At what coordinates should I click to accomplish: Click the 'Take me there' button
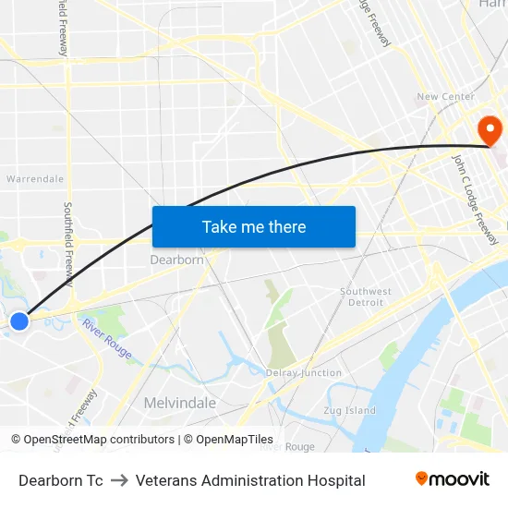(x=254, y=226)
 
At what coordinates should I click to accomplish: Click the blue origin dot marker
(x=19, y=321)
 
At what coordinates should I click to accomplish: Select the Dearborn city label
(x=176, y=260)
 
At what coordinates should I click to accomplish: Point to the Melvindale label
(x=179, y=403)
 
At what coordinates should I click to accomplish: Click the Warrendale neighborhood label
(x=35, y=178)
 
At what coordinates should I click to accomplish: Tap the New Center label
(x=445, y=97)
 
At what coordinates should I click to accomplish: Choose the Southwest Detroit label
(x=365, y=296)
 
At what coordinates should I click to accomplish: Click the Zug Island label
(x=350, y=410)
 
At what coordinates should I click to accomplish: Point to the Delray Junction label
(x=304, y=373)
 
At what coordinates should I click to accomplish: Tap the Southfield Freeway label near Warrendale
(x=69, y=244)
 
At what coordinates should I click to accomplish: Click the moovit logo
(x=453, y=479)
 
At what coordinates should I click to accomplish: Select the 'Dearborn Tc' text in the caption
(x=61, y=480)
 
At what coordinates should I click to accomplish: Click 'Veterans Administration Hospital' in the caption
(x=250, y=480)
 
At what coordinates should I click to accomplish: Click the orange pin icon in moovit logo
(x=421, y=478)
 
